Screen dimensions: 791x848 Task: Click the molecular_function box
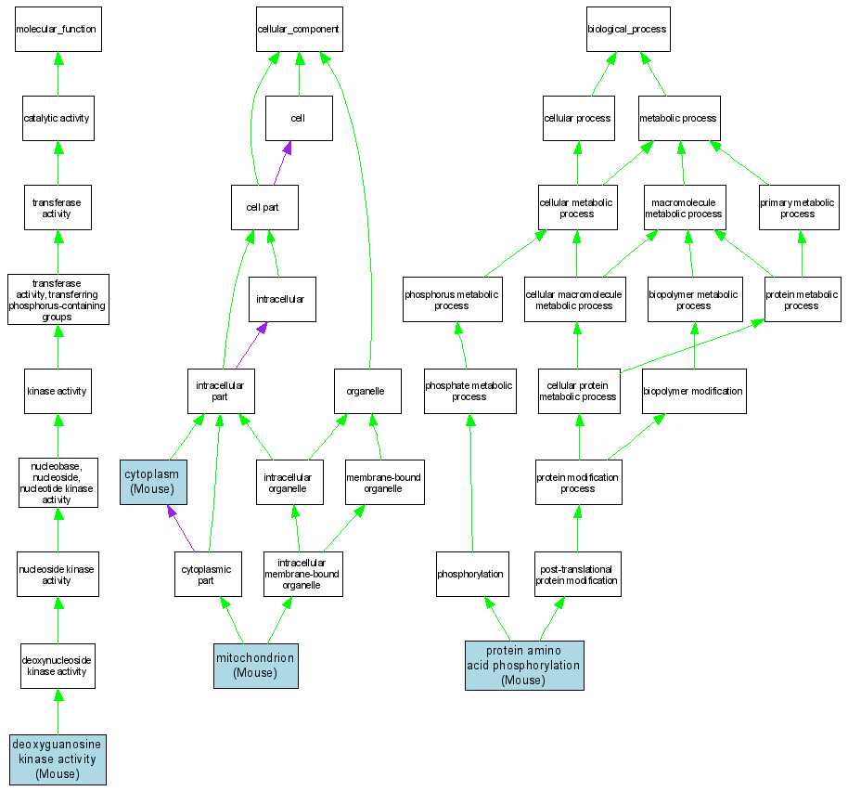coord(57,29)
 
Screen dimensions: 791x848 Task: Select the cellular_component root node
coord(298,29)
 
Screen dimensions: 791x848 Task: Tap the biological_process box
coord(627,29)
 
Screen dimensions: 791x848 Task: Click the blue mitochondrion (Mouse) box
coord(255,665)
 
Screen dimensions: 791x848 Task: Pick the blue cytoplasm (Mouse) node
coord(153,481)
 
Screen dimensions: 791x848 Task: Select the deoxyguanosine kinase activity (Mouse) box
coord(58,759)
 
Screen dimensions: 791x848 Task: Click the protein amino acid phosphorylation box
coord(523,665)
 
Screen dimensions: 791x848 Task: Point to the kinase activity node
coord(57,391)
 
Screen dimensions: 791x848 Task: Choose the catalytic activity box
coord(57,118)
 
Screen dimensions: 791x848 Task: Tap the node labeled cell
coord(298,118)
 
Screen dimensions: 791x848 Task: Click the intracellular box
coord(281,299)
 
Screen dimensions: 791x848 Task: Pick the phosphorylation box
coord(470,574)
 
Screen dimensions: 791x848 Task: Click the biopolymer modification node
coord(693,391)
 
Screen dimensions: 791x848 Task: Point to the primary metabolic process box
coord(798,208)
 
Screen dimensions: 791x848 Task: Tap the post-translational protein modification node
coord(576,574)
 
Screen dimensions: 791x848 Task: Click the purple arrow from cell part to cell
coord(282,163)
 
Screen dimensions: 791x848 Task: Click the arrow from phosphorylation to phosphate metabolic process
coord(470,483)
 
